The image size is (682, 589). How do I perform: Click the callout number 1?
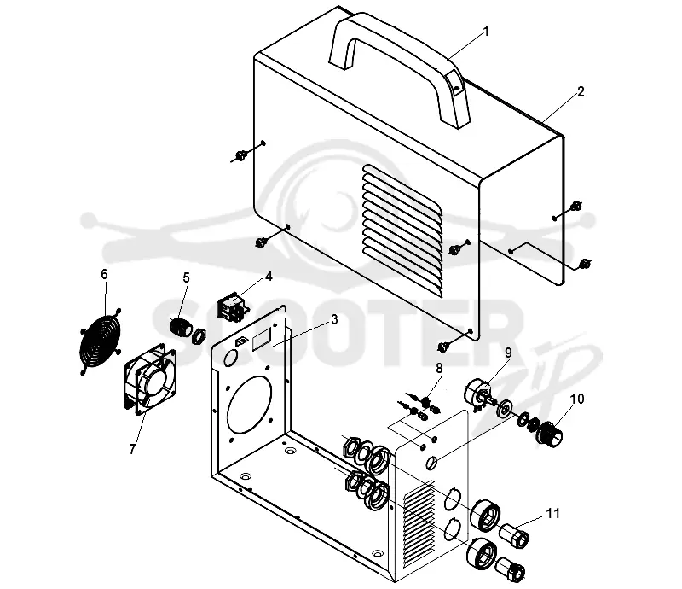click(x=486, y=32)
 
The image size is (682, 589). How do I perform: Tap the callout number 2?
click(x=581, y=91)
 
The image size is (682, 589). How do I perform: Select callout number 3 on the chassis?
click(x=334, y=320)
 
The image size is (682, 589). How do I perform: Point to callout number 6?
click(x=104, y=274)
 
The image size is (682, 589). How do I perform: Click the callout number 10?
click(x=577, y=399)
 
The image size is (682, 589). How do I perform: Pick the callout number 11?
click(x=552, y=514)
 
